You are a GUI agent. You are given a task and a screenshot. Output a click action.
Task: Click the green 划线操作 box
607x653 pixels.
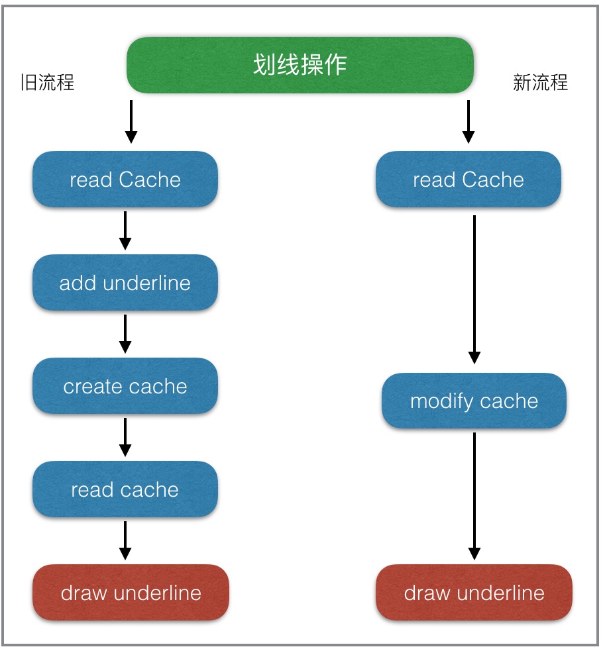pyautogui.click(x=300, y=65)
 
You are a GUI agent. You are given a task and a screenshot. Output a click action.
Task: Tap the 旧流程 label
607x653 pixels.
pyautogui.click(x=47, y=82)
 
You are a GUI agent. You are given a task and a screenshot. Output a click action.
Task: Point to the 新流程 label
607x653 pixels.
pyautogui.click(x=541, y=82)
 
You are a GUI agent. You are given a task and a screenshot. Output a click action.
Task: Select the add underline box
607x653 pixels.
pyautogui.click(x=125, y=283)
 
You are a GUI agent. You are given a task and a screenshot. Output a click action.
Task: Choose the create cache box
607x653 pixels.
pyautogui.click(x=125, y=387)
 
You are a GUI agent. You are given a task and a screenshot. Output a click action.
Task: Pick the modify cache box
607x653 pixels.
pyautogui.click(x=474, y=401)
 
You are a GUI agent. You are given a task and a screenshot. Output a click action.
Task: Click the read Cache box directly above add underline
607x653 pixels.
pyautogui.click(x=125, y=179)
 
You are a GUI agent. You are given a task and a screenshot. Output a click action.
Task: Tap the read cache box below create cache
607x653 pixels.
pyautogui.click(x=125, y=490)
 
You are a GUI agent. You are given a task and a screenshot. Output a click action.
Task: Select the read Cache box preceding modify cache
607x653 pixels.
pyautogui.click(x=469, y=179)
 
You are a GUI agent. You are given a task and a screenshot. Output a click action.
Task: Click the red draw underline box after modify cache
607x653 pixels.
pyautogui.click(x=474, y=593)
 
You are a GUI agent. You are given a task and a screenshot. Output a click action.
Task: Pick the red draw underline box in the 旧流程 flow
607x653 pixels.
pyautogui.click(x=131, y=593)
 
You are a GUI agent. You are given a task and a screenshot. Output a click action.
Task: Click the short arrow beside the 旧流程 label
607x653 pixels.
pyautogui.click(x=131, y=121)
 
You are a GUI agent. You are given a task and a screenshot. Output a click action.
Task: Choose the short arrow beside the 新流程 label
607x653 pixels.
pyautogui.click(x=469, y=121)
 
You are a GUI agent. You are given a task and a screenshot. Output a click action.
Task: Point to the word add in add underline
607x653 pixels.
pyautogui.click(x=73, y=283)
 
